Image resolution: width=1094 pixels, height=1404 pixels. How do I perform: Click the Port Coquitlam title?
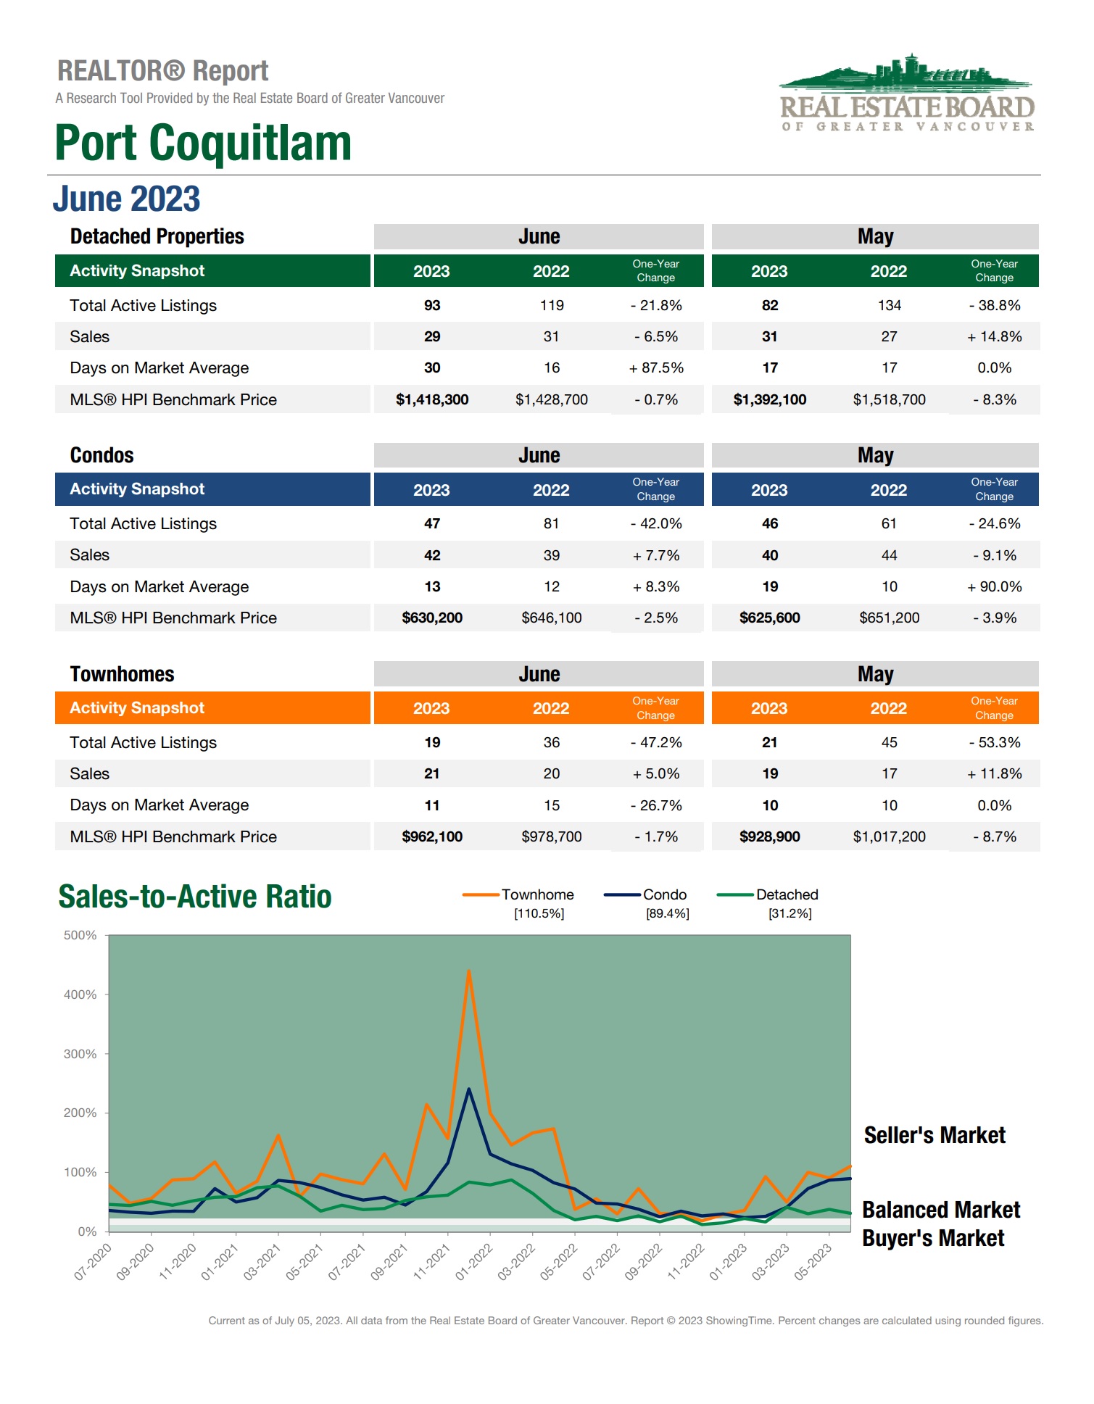(x=203, y=143)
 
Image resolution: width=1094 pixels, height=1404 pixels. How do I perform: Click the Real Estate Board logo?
(x=906, y=93)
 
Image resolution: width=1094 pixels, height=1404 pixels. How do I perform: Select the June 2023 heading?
(x=126, y=199)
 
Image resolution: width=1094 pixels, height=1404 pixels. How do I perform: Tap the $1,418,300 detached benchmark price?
(x=432, y=399)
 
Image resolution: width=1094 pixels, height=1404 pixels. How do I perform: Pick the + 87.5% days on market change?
(x=656, y=368)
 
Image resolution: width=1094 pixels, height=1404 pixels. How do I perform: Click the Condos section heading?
(x=101, y=455)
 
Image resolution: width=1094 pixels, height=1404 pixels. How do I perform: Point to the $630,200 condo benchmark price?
(x=432, y=618)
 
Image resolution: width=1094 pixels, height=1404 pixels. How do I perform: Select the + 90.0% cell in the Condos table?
(x=994, y=586)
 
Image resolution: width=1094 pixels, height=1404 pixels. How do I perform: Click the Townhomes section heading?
(x=122, y=674)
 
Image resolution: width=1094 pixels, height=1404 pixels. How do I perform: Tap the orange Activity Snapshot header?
(x=137, y=708)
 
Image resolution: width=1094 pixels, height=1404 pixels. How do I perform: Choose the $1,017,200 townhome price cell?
(x=889, y=836)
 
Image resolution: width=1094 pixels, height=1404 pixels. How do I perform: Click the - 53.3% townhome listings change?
(x=994, y=742)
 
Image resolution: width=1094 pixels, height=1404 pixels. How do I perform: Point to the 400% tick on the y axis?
(x=80, y=994)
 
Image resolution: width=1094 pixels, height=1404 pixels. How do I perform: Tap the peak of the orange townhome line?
(x=469, y=971)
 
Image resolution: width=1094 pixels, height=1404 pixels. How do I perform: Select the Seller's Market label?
(x=935, y=1135)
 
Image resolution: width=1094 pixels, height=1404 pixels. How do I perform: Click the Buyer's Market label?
(x=933, y=1238)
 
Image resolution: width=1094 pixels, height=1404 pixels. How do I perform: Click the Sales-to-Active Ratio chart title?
(x=195, y=897)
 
